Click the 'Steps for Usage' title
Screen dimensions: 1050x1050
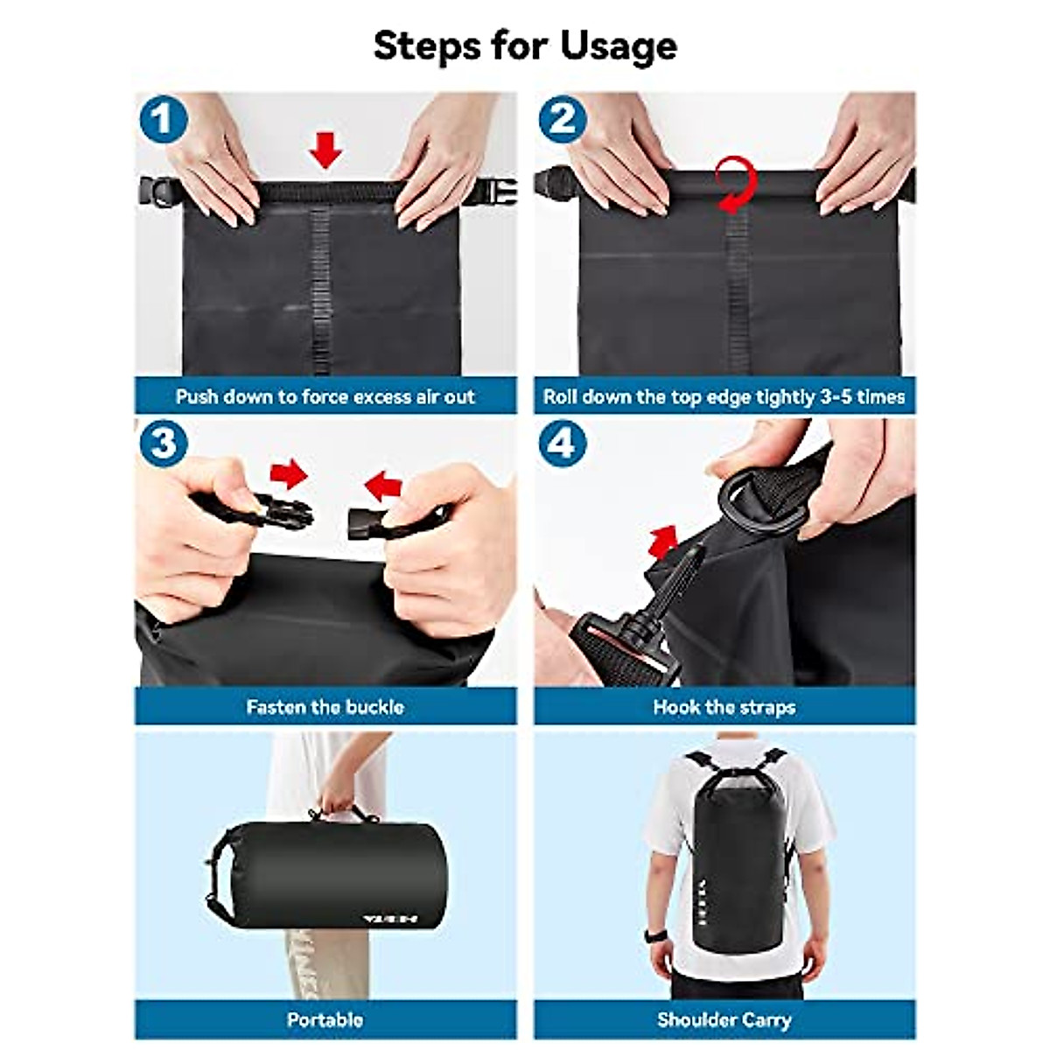coord(525,45)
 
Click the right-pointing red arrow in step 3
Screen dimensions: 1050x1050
coord(289,474)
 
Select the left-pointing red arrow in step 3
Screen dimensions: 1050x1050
coord(382,484)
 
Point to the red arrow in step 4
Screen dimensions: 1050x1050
coord(665,540)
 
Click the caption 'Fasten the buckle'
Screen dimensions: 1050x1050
coord(325,707)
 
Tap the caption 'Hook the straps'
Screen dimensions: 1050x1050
coord(724,707)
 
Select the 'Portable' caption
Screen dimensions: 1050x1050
coord(325,1019)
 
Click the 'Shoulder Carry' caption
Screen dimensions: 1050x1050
coord(724,1019)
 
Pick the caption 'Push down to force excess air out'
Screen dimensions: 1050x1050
coord(325,396)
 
